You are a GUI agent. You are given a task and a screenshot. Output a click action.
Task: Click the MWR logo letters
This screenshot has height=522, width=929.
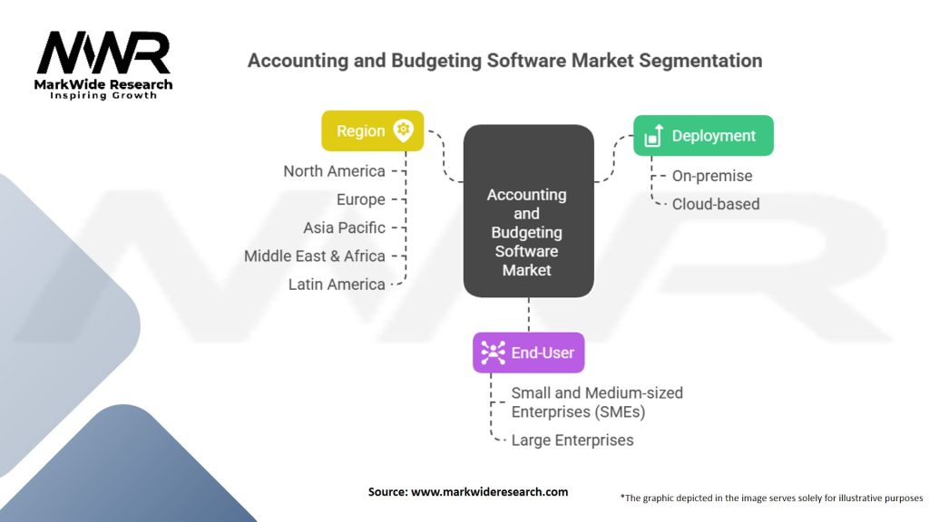pos(103,53)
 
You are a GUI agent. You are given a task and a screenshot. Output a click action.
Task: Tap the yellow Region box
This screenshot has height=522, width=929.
pos(373,130)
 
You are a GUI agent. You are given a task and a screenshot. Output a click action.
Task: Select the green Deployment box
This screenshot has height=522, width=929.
pos(703,136)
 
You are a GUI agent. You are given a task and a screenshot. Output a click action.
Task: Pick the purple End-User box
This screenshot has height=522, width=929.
pos(529,353)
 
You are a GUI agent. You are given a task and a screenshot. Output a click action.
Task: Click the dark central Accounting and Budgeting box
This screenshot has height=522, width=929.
pos(529,210)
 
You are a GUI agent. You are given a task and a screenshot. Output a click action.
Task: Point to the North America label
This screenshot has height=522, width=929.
pos(334,171)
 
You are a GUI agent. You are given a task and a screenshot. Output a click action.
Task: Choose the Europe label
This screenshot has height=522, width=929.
pos(361,199)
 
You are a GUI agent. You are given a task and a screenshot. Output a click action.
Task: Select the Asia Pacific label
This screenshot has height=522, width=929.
pos(344,227)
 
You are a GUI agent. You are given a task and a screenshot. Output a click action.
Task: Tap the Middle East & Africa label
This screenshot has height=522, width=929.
pos(315,256)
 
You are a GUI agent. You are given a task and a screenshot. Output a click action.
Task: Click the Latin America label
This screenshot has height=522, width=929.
pos(337,285)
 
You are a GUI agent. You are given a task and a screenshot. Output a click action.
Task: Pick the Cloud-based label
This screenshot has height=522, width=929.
pos(716,204)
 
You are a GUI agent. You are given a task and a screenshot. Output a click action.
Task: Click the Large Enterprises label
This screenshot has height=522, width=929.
pos(572,440)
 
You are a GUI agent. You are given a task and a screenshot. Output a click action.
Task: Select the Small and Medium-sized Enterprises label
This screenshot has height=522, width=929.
pos(597,402)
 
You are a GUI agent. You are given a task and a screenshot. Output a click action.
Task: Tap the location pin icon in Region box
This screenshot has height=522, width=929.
pos(404,130)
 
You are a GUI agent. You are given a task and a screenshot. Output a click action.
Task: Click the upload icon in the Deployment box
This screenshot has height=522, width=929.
pos(653,136)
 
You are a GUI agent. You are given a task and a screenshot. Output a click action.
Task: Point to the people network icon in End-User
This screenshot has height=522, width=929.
pos(493,353)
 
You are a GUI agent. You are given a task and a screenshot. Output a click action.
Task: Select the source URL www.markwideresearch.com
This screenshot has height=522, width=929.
pos(489,492)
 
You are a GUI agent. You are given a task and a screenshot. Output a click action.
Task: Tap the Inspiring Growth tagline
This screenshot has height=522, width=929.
pos(103,95)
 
